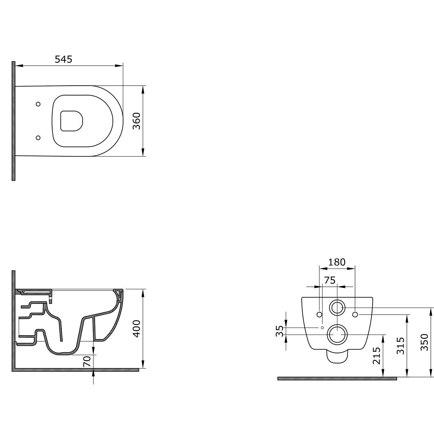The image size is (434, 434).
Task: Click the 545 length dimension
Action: [63, 59]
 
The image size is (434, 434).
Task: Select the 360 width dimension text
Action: [136, 121]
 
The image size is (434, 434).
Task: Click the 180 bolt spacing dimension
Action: [337, 262]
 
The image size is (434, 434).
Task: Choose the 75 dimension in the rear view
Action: [330, 280]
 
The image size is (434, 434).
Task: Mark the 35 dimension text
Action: [279, 331]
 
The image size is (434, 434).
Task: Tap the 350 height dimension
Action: [424, 342]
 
